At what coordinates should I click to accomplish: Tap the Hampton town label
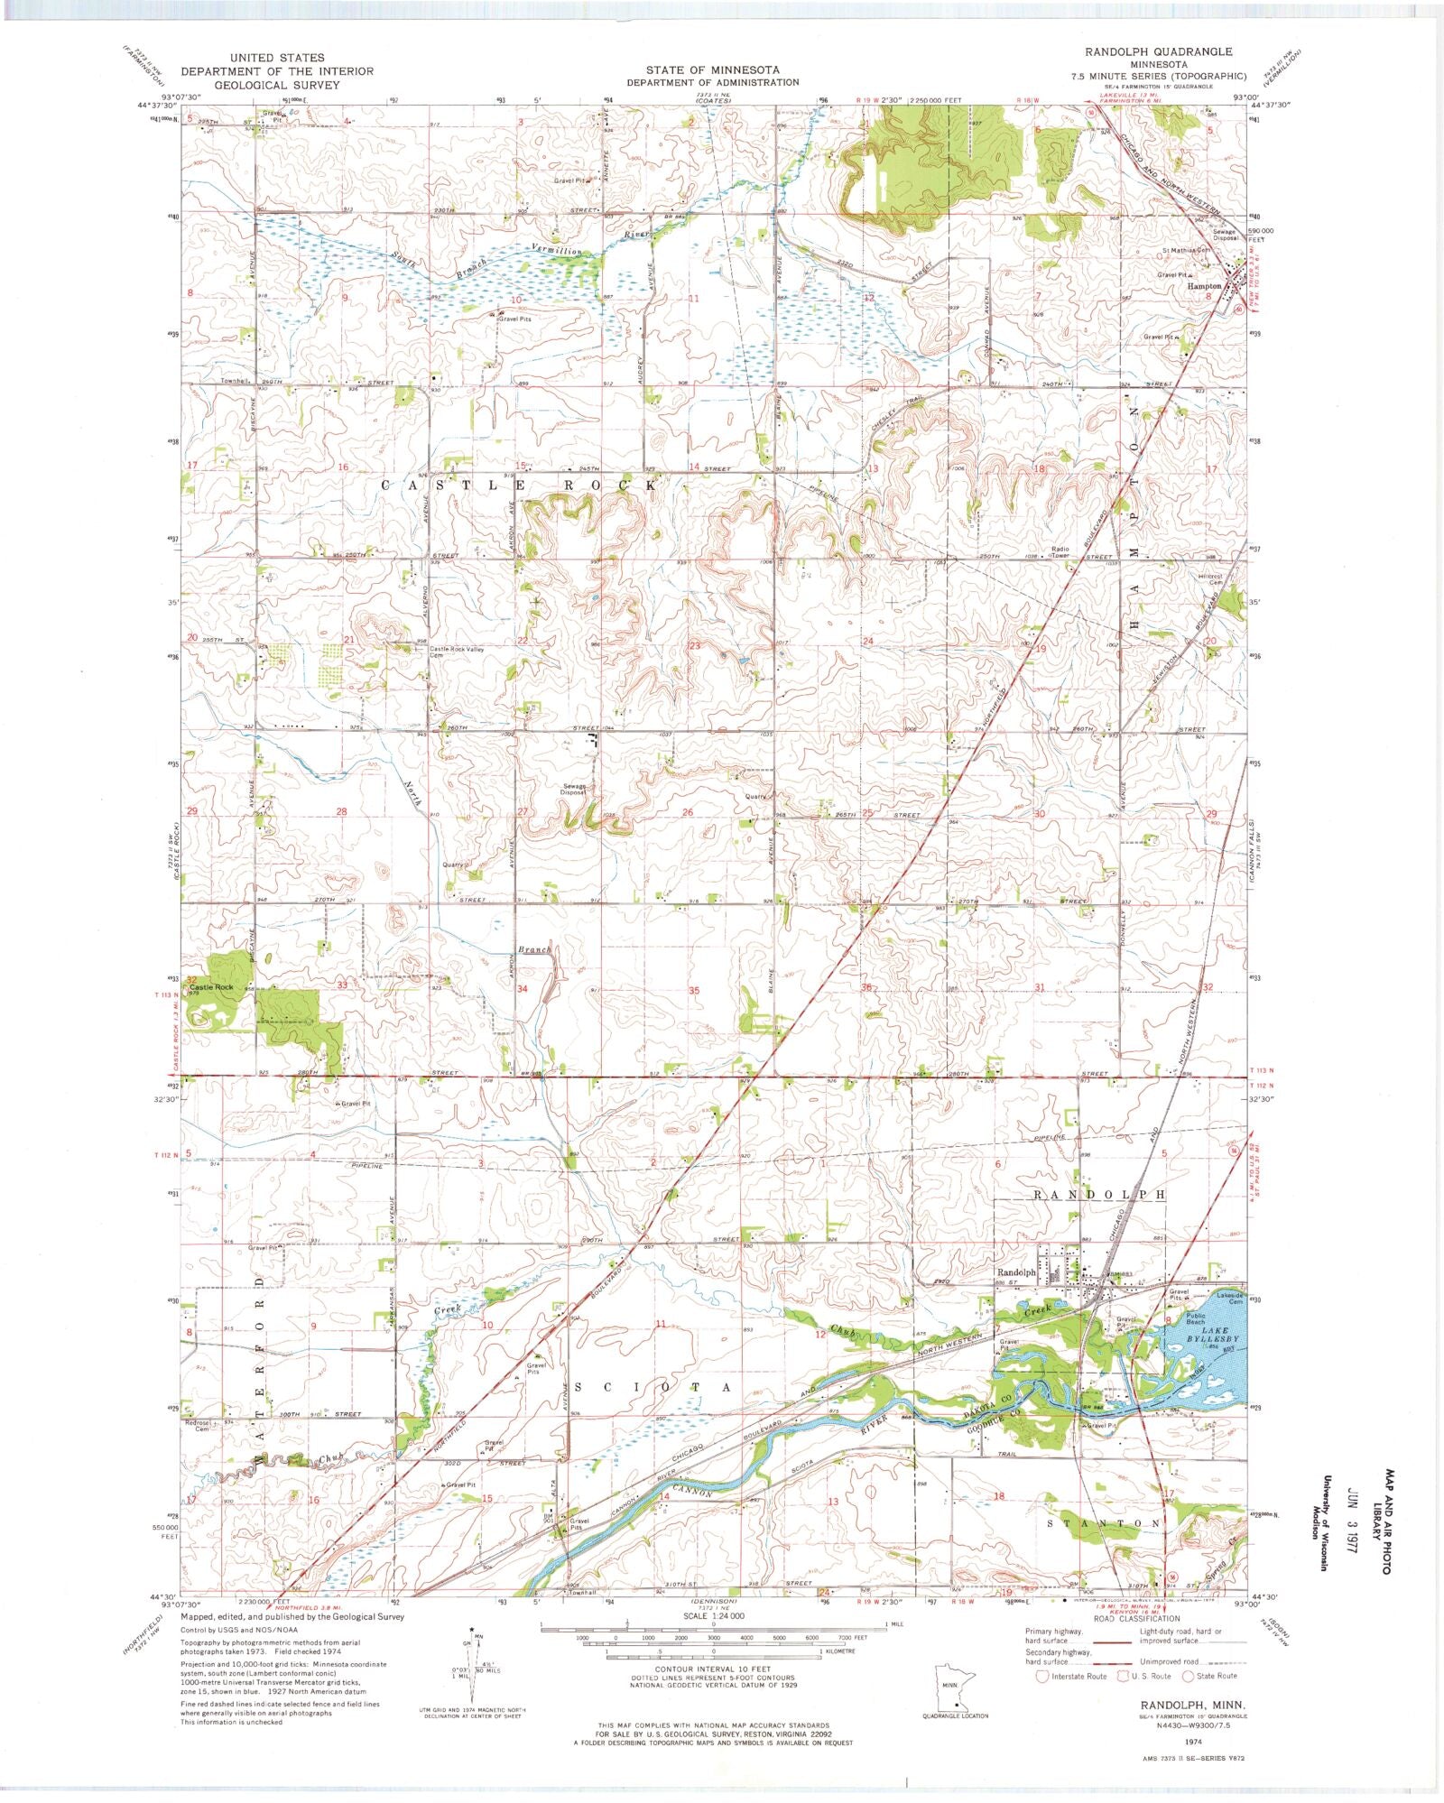point(1204,286)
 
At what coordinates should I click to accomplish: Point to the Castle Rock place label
point(211,987)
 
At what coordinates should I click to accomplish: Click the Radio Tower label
point(1059,551)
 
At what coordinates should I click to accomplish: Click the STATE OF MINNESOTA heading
point(711,69)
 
